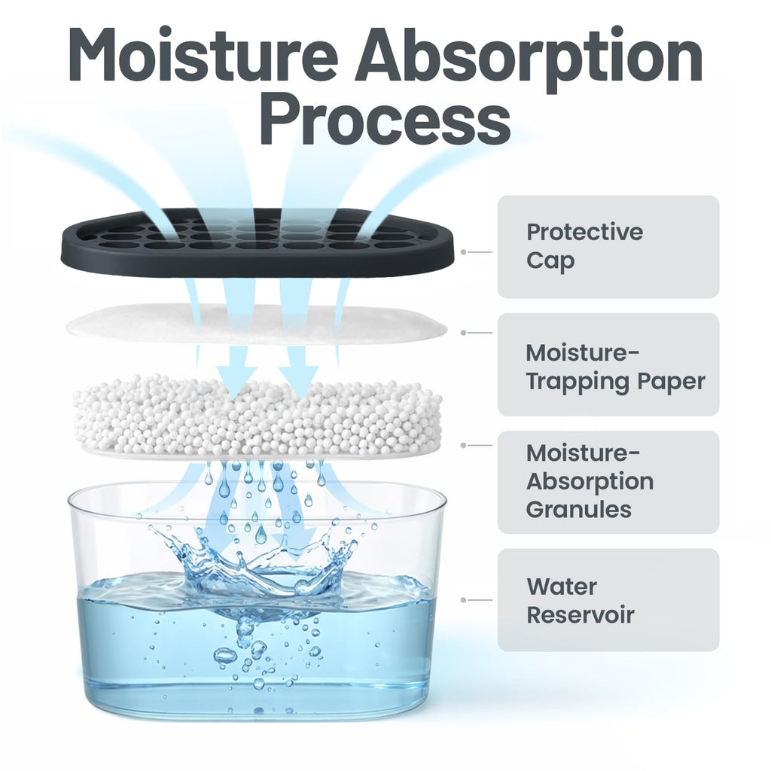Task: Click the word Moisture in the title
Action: (203, 54)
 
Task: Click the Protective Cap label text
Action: (584, 246)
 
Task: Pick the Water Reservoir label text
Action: (581, 600)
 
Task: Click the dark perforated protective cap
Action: (261, 242)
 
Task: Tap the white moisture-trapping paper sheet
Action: (257, 324)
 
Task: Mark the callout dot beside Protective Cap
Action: (463, 252)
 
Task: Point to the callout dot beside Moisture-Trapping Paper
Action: (463, 333)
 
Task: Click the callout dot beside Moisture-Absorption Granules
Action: (463, 446)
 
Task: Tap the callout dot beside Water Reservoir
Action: (463, 600)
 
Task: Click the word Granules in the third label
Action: (579, 510)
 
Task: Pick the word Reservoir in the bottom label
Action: (581, 614)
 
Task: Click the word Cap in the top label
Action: (550, 261)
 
